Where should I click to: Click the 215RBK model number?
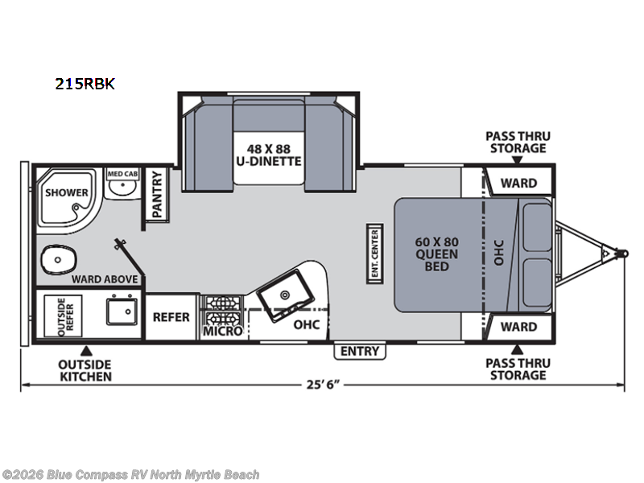click(85, 84)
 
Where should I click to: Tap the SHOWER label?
click(67, 192)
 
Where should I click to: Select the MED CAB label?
click(122, 174)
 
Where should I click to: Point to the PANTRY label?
click(157, 195)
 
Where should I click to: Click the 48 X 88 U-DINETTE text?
click(269, 155)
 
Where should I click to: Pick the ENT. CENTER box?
click(374, 254)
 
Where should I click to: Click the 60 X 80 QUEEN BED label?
click(436, 254)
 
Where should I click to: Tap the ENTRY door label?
click(360, 351)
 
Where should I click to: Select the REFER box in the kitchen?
click(171, 316)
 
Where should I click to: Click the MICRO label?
click(223, 331)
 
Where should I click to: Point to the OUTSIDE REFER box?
click(64, 316)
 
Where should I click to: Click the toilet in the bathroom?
click(59, 259)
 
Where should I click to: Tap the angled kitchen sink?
click(286, 295)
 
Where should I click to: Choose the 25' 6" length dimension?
click(323, 385)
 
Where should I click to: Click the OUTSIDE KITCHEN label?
click(85, 370)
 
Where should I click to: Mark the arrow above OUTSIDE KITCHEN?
click(86, 350)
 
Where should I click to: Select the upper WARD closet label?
click(518, 183)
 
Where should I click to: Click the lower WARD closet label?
click(518, 327)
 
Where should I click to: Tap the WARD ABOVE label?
click(105, 279)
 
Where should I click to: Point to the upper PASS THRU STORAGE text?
click(518, 142)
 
